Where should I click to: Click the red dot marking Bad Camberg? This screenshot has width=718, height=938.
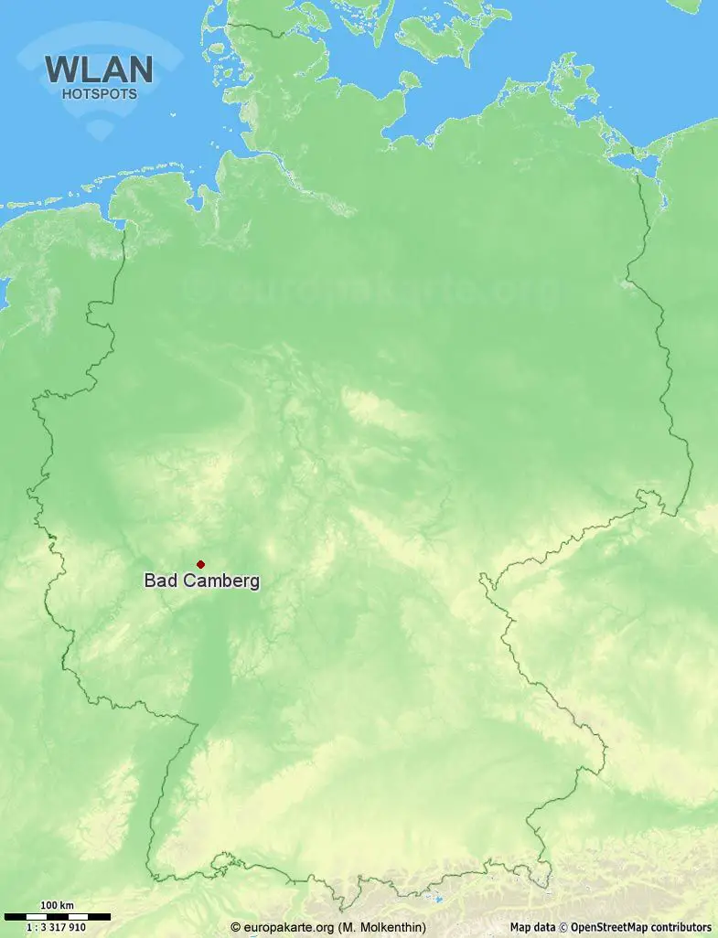point(200,564)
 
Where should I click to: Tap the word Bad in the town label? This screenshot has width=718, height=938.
point(159,581)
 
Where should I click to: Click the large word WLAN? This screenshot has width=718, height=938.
point(99,69)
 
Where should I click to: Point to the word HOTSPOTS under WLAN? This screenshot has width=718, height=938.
point(99,93)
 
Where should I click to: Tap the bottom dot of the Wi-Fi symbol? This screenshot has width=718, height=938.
point(99,131)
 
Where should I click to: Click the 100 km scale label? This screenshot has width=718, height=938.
point(57,905)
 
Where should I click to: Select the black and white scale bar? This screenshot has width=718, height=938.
point(57,915)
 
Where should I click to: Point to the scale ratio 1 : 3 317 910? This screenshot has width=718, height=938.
point(57,927)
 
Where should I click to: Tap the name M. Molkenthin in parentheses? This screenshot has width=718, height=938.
point(382,927)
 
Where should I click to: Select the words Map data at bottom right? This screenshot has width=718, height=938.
point(532,927)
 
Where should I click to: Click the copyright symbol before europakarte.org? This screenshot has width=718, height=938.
point(236,927)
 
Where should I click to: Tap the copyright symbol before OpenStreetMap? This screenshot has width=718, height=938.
point(564,927)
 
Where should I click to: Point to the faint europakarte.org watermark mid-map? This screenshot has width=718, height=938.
point(375,291)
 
